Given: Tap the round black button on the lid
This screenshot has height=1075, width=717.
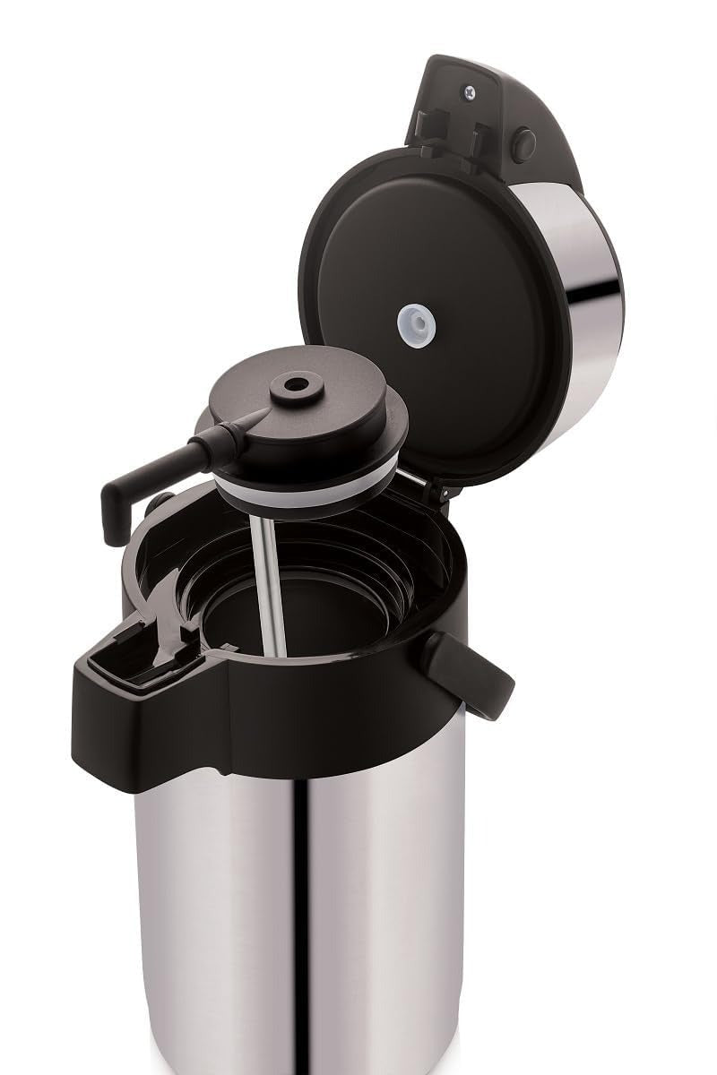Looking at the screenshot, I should [523, 145].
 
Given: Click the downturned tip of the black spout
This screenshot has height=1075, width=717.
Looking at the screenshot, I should [113, 520].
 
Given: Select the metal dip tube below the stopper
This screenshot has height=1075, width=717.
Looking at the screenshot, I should [267, 582].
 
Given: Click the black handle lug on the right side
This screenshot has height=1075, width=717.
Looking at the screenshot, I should [468, 673].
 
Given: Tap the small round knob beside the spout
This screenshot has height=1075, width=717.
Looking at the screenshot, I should [161, 503].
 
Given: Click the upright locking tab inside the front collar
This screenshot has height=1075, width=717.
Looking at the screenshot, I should [170, 618].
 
